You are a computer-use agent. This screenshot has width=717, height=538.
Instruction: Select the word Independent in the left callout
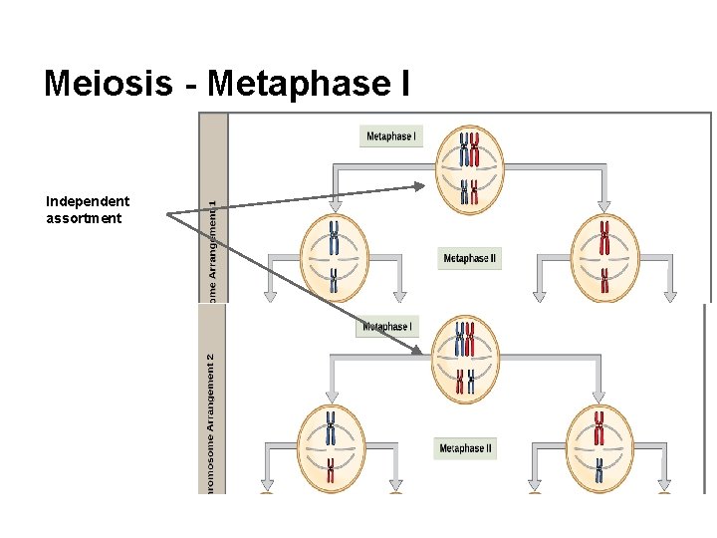[88, 201]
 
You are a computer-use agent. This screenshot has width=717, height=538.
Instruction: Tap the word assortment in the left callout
[84, 218]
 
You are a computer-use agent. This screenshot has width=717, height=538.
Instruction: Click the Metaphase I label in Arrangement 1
[391, 135]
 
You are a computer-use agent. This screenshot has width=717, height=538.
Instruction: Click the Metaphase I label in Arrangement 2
[387, 326]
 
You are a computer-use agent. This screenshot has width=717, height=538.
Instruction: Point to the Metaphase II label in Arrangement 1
[469, 258]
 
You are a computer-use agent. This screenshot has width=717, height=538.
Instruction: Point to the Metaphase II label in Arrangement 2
[465, 448]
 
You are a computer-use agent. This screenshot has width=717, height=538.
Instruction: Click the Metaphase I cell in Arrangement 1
[467, 169]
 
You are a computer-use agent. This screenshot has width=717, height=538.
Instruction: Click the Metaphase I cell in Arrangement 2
[464, 360]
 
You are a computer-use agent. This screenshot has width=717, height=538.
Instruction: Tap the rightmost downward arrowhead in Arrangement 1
[670, 295]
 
